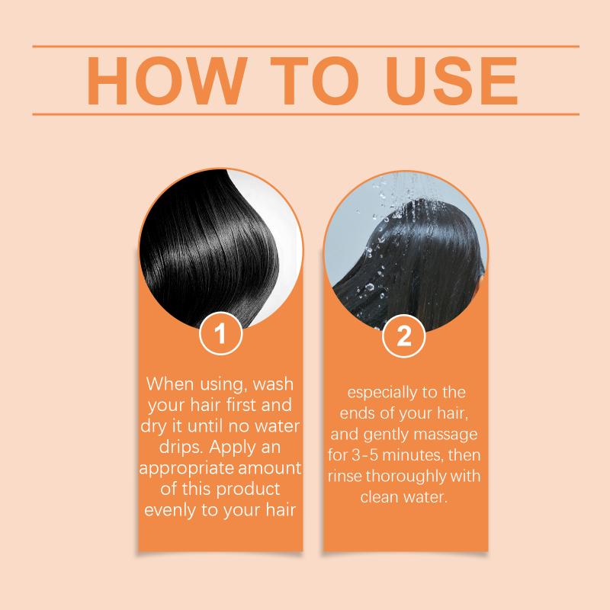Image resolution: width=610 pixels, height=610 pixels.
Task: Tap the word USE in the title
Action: click(x=451, y=81)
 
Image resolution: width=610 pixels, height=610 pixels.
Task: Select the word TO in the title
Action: click(x=314, y=81)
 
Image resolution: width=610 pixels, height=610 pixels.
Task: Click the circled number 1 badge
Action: click(x=220, y=334)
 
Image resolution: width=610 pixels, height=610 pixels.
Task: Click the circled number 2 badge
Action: click(x=403, y=335)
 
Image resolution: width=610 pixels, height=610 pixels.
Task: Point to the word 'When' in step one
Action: click(x=169, y=384)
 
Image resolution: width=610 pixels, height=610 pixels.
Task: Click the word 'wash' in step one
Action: click(x=273, y=384)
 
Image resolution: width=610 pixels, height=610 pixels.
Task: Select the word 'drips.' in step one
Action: click(x=181, y=448)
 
